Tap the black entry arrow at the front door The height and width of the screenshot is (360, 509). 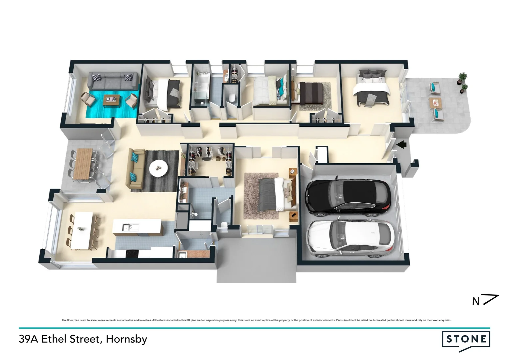[x=402, y=144]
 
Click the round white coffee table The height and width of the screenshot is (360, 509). [x=159, y=168]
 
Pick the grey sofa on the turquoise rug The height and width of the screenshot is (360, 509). [x=113, y=81]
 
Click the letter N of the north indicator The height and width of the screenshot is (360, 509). [x=476, y=301]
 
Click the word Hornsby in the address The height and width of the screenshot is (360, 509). [x=126, y=339]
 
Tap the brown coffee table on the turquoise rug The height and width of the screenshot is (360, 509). [x=111, y=100]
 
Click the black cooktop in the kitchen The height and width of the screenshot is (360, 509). [x=132, y=254]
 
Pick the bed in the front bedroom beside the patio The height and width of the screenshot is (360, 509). [x=372, y=88]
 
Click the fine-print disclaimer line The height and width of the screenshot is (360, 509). [x=256, y=320]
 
